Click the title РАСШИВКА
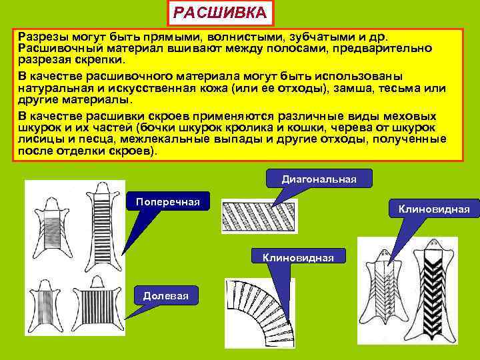tap(219, 13)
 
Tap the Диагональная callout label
tap(319, 179)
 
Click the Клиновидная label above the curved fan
tap(298, 257)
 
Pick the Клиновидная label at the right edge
tap(434, 209)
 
